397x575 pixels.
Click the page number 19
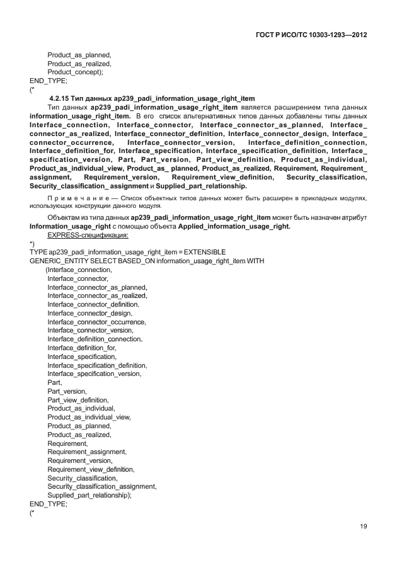[363, 527]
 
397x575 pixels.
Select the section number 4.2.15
[62, 99]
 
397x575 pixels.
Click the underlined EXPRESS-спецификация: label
[88, 234]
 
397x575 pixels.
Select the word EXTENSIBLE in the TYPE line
[200, 251]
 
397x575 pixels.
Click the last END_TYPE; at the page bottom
[49, 504]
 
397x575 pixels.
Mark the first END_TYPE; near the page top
[49, 81]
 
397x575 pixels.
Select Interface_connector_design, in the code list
[89, 312]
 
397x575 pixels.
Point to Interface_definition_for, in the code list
[82, 348]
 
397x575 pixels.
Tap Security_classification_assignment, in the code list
[102, 487]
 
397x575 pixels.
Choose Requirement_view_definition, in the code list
[91, 469]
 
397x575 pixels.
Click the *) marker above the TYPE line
[32, 243]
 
